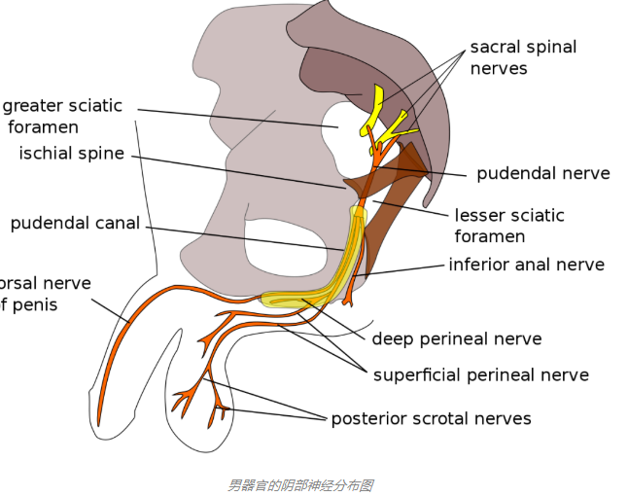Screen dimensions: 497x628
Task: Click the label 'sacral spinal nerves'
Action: [523, 57]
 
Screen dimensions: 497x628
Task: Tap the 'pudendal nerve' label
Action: [542, 174]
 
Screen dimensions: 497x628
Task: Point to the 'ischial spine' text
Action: [72, 154]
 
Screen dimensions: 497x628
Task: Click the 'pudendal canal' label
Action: [75, 224]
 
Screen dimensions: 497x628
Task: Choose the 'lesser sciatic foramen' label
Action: [508, 226]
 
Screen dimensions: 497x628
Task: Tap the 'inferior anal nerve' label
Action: [526, 265]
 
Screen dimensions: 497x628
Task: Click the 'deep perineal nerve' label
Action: [456, 339]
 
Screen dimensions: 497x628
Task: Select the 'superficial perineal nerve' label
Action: [480, 374]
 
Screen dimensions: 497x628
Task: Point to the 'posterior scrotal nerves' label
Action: [431, 419]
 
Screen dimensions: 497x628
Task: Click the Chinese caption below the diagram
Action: [300, 484]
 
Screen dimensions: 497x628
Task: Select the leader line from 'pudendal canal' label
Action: [243, 236]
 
